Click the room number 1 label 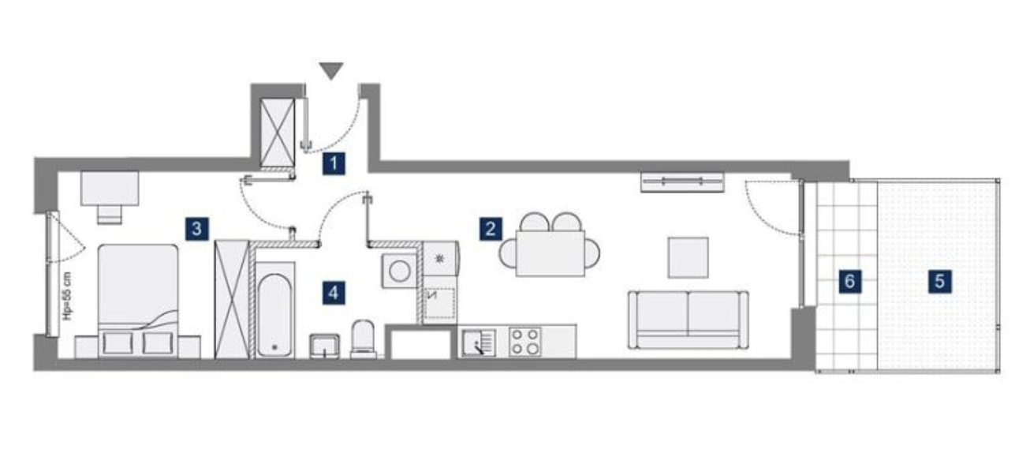coord(334,163)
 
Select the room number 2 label coord(491,229)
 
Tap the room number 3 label coord(197,229)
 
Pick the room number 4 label coord(334,293)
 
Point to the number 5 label coord(939,281)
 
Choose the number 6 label coord(849,281)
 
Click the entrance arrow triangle coord(331,71)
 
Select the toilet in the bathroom coord(364,339)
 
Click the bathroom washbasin coord(325,346)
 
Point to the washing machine coord(399,271)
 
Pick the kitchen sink coord(479,343)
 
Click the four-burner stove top coord(524,342)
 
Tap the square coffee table coord(688,257)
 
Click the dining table coord(550,253)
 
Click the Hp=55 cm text coord(68,296)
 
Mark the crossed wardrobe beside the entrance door coord(278,133)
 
